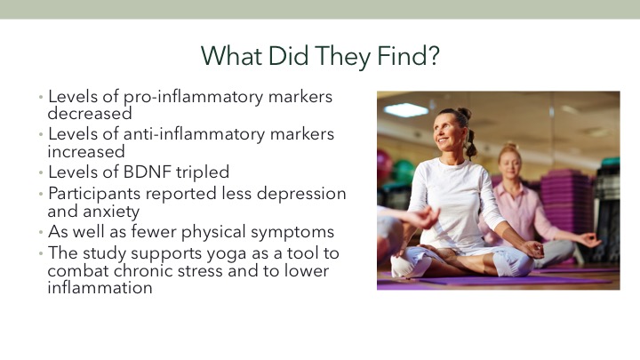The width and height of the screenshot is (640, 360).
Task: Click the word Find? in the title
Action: coord(408,56)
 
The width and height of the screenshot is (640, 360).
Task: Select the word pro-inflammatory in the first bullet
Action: coord(193,98)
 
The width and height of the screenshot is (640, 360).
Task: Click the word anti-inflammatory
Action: coord(195,134)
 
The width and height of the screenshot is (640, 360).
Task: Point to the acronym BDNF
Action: coord(147,172)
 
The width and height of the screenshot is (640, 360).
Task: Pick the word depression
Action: coord(301,194)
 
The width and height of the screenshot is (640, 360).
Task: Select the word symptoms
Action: coord(292,232)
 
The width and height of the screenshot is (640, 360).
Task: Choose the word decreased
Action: coord(90,114)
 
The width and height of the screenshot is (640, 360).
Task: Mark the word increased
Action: coord(86,152)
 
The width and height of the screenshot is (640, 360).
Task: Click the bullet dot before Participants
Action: coord(41,194)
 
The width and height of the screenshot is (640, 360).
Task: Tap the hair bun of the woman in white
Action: coord(464,113)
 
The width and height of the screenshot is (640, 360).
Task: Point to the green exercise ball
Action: coord(404,172)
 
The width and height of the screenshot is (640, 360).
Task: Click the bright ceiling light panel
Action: coord(406,110)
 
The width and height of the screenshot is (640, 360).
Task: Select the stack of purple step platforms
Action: coord(567,199)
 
